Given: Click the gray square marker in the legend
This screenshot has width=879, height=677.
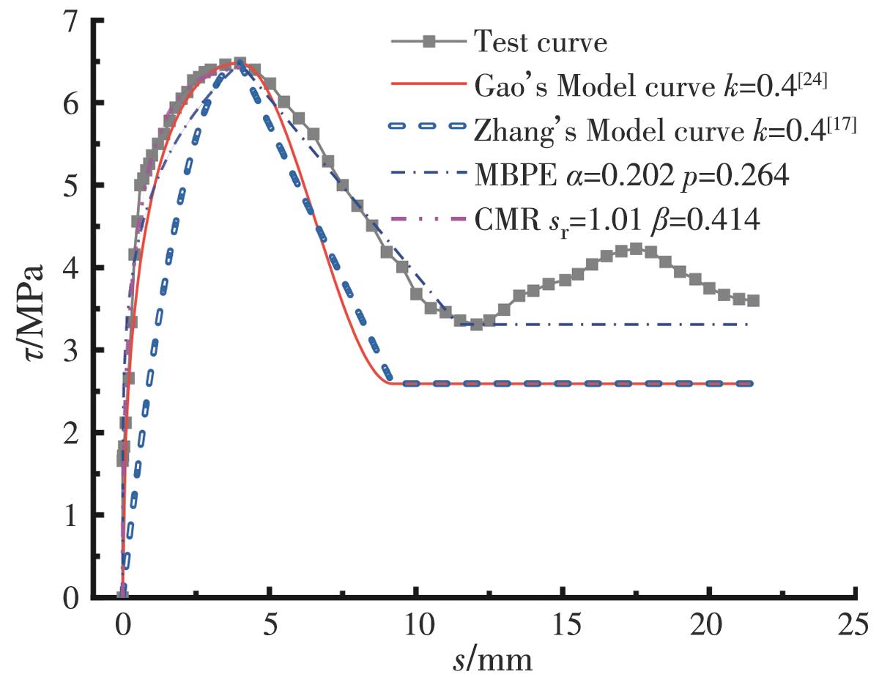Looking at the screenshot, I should click(x=424, y=42).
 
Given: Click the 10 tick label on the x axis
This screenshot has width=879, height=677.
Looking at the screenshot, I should click(x=415, y=628).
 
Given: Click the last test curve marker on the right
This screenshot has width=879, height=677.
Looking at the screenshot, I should click(x=753, y=300).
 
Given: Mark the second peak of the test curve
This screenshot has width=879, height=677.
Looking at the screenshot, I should click(x=636, y=249).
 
